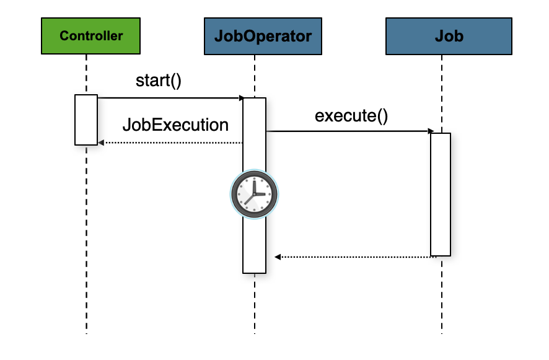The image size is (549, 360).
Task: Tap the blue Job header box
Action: coord(449,36)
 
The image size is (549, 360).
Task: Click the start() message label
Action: coord(159,81)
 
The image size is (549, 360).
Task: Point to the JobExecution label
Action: coord(175,125)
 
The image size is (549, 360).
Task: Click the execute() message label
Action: coord(351,116)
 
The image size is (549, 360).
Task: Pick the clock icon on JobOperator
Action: coord(255,194)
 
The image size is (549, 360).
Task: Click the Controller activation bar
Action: coord(86,120)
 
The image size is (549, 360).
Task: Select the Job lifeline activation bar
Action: coord(441,193)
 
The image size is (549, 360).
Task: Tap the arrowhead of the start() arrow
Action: coord(241,98)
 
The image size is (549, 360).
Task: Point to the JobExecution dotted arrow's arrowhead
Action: coord(100,143)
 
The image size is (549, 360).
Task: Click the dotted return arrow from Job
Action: coord(353,257)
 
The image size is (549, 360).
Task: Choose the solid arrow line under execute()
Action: coord(347,131)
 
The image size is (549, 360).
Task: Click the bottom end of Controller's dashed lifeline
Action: coord(86,331)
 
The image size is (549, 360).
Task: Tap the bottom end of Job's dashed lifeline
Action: coord(442,331)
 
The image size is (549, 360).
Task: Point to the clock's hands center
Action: coord(254,195)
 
